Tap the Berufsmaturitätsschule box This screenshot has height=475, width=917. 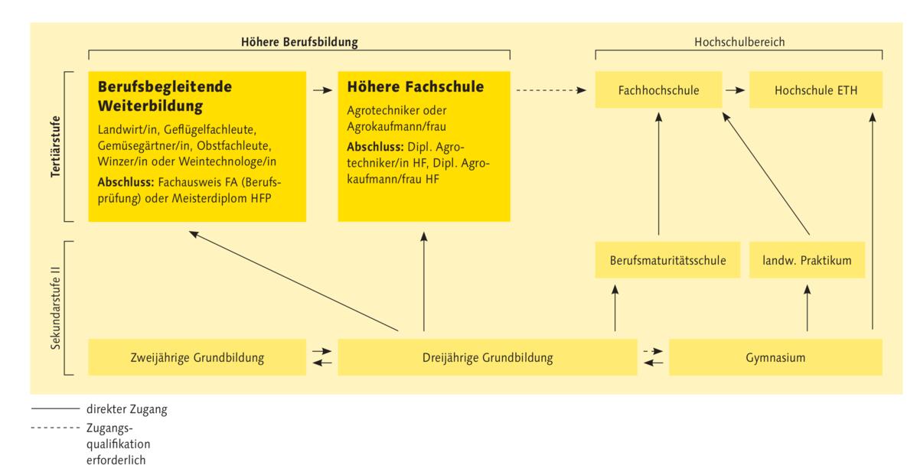(x=658, y=261)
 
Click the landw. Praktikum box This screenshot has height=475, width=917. (x=807, y=261)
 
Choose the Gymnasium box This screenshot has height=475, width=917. (x=775, y=356)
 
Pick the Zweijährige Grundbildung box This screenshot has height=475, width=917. (x=197, y=356)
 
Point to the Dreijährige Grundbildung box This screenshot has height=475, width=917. (x=488, y=356)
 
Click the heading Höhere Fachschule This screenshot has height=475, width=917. (x=415, y=87)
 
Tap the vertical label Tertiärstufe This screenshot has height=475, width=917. (x=55, y=148)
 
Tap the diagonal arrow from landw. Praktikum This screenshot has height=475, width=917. (x=765, y=172)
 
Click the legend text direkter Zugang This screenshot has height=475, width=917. (x=127, y=410)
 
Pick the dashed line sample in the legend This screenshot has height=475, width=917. (x=56, y=428)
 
